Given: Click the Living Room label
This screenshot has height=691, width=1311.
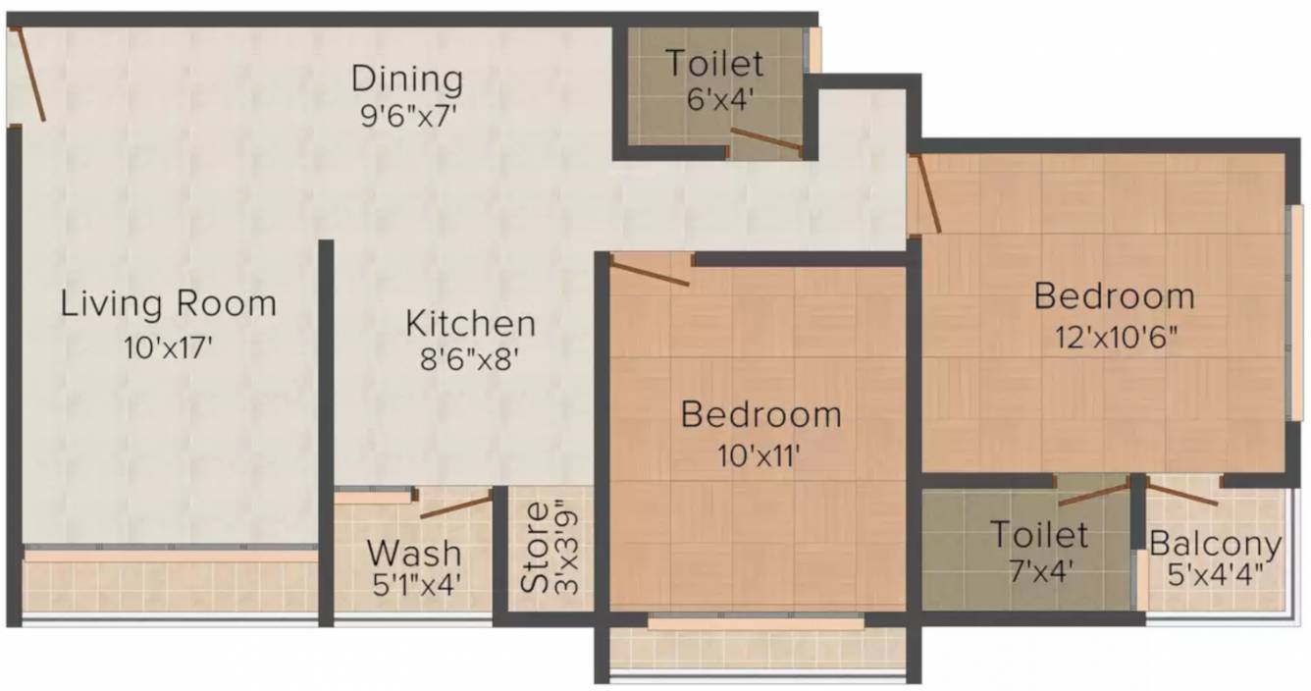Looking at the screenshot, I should tap(169, 303).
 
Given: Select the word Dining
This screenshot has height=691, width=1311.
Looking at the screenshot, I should tap(407, 78).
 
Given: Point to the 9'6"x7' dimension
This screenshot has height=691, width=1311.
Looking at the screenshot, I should tap(407, 114).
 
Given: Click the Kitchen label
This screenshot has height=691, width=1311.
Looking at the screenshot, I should tap(471, 323).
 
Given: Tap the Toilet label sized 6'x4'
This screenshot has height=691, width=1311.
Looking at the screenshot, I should tap(714, 64).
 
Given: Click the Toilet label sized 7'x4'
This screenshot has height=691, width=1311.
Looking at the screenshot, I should tap(1039, 535).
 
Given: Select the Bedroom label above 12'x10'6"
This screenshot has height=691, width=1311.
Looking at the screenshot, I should tap(1115, 295).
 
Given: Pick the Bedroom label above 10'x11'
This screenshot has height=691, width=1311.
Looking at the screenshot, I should tap(761, 414).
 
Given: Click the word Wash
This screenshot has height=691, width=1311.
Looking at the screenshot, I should tap(413, 550).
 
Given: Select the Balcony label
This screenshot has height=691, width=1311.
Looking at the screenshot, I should tap(1216, 544).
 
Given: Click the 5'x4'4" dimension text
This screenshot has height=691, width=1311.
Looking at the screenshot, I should tap(1216, 573).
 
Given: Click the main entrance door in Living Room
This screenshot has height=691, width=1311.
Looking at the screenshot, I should tap(29, 75).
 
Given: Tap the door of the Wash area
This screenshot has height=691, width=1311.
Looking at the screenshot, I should tap(456, 506).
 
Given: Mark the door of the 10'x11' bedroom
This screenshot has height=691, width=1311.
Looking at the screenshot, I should tap(650, 271).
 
